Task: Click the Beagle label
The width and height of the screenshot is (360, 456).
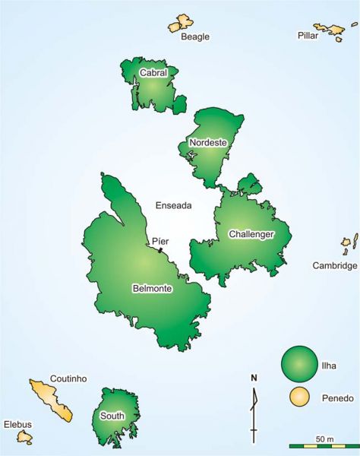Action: pos(195,36)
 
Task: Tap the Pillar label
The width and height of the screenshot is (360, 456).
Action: pos(307,36)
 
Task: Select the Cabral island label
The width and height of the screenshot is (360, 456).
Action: pos(153,73)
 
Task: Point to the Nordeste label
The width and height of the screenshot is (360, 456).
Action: pos(208,143)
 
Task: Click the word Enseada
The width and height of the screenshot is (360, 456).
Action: pos(174,205)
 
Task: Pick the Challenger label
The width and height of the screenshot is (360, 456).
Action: pos(251,234)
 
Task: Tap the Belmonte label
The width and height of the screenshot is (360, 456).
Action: pos(152,290)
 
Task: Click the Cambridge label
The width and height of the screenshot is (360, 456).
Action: pos(335,266)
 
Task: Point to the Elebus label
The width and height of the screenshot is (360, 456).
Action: pos(19,423)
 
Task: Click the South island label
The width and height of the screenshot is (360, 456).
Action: pos(112,416)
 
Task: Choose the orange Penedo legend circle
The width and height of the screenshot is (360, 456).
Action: pos(300,397)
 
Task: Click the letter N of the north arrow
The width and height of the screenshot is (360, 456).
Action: pos(254,378)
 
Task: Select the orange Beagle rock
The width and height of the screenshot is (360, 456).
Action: pos(180,24)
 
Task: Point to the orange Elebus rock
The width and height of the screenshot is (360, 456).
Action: pos(24,437)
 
